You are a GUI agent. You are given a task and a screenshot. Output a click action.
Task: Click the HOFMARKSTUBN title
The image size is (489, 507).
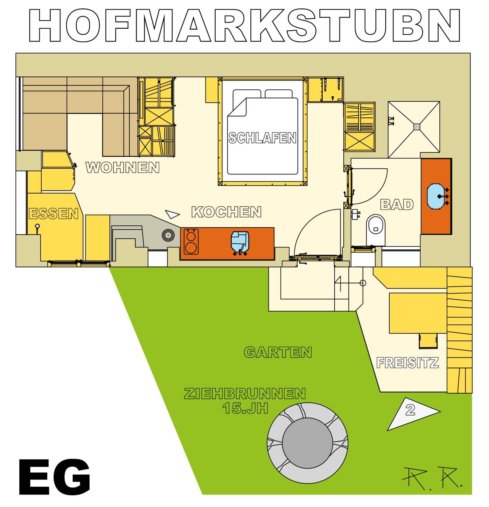click(x=244, y=25)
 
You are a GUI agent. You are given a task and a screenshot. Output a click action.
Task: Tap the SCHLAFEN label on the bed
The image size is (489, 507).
click(x=262, y=138)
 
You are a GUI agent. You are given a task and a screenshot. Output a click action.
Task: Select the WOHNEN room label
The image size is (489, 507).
click(x=122, y=168)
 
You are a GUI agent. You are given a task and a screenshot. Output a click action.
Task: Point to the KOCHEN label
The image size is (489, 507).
click(x=226, y=212)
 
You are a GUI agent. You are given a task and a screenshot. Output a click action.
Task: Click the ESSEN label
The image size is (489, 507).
click(x=54, y=214)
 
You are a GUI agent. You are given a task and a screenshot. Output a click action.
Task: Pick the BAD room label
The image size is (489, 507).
click(x=397, y=205)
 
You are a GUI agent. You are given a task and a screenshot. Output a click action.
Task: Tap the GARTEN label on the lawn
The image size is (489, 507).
click(x=278, y=352)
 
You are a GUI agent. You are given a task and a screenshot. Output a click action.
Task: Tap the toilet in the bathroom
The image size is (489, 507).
click(x=376, y=230)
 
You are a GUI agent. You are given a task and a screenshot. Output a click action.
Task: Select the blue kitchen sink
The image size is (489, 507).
click(x=240, y=242)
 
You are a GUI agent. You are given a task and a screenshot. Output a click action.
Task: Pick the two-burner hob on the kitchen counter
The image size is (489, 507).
click(x=191, y=242)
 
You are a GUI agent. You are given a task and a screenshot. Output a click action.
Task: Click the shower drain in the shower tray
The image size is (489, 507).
click(x=417, y=127)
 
